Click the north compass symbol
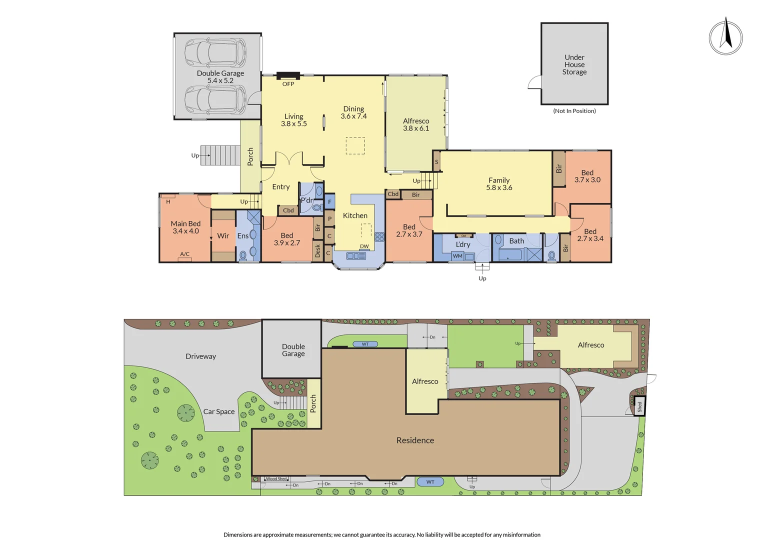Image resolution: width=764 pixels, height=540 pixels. click(725, 37)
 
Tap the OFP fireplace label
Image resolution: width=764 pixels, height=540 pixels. click(288, 84)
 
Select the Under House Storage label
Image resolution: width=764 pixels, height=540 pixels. click(574, 64)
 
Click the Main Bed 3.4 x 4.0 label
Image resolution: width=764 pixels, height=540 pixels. click(185, 227)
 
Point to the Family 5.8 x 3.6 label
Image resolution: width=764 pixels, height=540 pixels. click(499, 184)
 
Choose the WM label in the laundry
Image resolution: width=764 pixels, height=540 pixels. click(457, 256)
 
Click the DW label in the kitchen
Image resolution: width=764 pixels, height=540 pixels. click(364, 246)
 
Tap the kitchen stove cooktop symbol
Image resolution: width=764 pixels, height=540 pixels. click(379, 236)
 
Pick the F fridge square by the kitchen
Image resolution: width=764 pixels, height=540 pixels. click(329, 202)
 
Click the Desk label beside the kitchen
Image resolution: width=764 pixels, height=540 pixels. click(317, 250)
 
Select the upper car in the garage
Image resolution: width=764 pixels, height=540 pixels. click(215, 53)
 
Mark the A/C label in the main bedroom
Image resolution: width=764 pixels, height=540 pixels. click(184, 254)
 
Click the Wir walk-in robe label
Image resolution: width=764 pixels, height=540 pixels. click(223, 236)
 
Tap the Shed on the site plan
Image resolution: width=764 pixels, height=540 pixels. click(639, 406)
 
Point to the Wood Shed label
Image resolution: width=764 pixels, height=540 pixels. click(276, 479)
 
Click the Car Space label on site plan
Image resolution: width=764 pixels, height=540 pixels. click(218, 411)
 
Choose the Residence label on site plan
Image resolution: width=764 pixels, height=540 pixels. click(415, 440)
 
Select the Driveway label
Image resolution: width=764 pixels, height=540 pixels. click(200, 356)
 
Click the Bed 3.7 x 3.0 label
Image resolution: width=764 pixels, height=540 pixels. click(587, 176)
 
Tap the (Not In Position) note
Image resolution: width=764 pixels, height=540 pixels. click(574, 111)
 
